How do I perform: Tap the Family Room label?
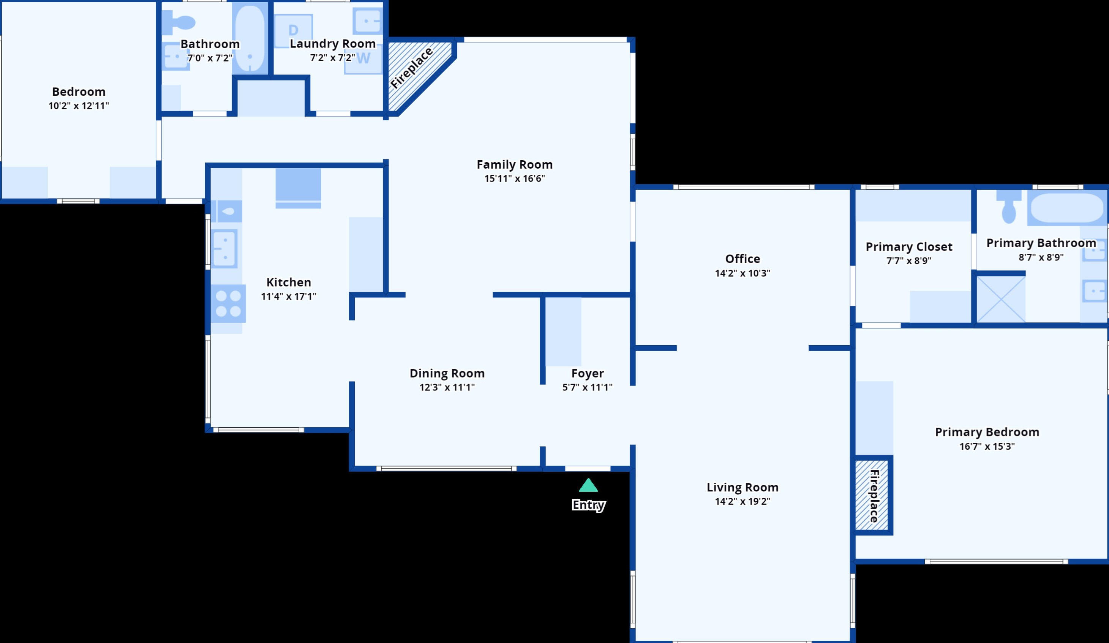515,164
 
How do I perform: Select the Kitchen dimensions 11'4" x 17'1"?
289,296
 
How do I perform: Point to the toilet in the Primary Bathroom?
1009,206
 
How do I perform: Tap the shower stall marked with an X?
1001,299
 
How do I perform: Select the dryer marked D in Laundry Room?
294,31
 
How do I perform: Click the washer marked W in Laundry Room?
363,58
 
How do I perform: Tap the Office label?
742,259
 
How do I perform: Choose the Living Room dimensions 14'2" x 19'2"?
742,501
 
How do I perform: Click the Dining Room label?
447,373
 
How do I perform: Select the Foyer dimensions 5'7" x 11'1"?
588,387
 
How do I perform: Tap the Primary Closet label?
909,247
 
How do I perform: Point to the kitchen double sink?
225,249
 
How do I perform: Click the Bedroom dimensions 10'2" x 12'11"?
79,106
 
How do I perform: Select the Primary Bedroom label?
987,432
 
